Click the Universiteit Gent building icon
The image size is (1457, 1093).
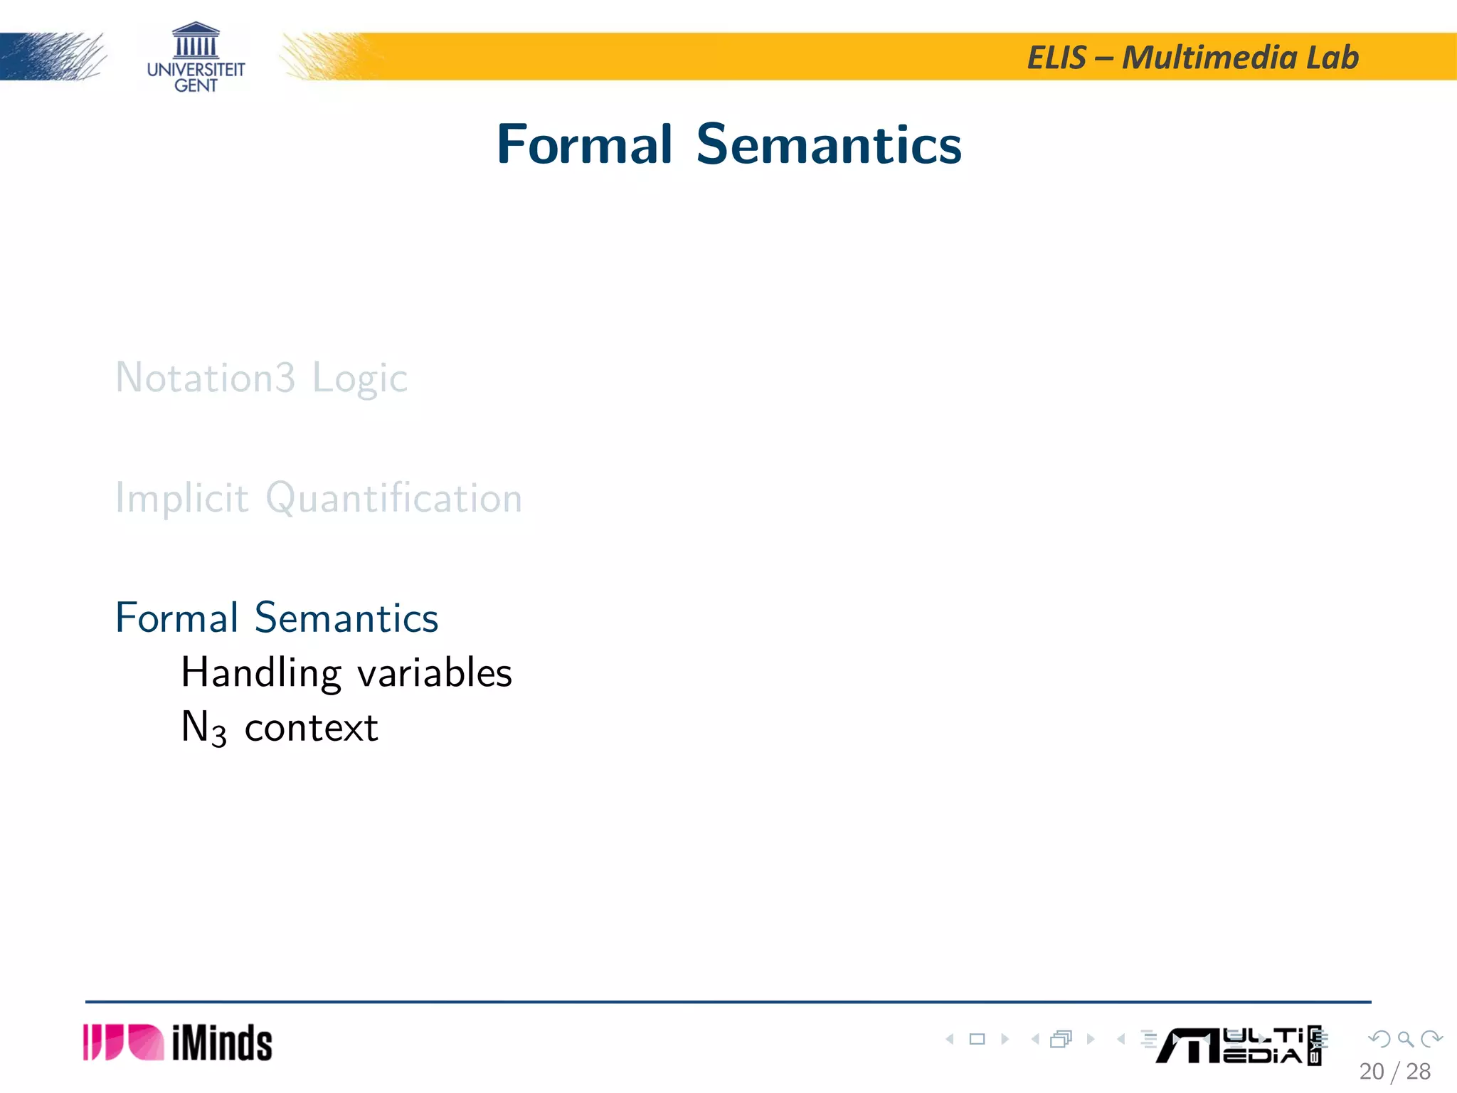point(196,40)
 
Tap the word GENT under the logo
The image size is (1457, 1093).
point(196,85)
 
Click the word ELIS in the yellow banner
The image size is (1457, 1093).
point(1056,58)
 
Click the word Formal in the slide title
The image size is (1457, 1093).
point(583,144)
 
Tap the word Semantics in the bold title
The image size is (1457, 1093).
point(828,144)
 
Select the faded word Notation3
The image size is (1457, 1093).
point(205,377)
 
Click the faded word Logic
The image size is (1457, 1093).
point(360,379)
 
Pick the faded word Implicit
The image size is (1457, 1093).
point(182,497)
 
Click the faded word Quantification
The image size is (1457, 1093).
point(393,497)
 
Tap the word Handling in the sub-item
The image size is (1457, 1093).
point(260,672)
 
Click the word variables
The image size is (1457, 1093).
point(434,672)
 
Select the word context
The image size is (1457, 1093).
point(311,728)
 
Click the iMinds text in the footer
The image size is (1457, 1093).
point(222,1043)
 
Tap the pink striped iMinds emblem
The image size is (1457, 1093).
point(122,1042)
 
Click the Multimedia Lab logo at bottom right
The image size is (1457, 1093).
point(1238,1045)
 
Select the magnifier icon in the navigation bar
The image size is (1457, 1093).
point(1405,1039)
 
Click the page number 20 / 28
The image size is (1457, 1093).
point(1394,1071)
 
